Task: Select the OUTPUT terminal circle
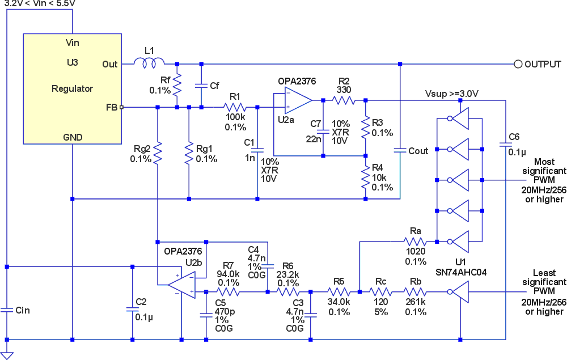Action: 517,64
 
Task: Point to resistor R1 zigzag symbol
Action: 235,107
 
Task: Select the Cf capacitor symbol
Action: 201,86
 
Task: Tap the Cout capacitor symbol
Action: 400,151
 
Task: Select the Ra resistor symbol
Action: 416,240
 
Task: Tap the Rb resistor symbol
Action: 416,293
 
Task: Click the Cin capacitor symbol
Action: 6,310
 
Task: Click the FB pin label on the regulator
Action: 111,107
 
